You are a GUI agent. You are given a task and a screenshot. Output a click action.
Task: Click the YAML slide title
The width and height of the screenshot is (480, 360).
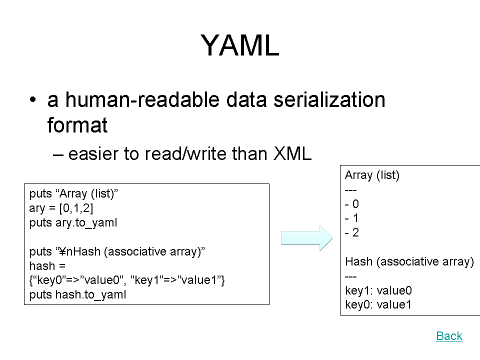(x=239, y=45)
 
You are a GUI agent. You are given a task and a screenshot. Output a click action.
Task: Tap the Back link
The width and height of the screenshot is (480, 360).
(x=449, y=336)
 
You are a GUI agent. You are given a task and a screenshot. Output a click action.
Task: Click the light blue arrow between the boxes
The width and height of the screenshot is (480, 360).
(x=306, y=238)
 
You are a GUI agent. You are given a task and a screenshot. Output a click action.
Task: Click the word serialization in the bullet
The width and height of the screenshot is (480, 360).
(x=329, y=100)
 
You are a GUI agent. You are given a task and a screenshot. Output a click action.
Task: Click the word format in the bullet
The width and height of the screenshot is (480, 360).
(x=77, y=125)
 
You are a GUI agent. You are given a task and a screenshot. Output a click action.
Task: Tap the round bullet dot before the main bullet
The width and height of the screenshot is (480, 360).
(x=33, y=100)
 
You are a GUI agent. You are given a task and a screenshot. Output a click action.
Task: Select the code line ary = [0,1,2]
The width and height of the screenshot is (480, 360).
(x=61, y=208)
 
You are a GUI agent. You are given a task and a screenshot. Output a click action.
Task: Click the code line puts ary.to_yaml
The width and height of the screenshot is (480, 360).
(x=73, y=222)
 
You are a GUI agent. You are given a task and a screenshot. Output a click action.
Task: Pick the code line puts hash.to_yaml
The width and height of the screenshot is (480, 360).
(x=77, y=294)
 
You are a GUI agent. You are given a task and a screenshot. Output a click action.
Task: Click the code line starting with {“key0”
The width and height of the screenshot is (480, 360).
(x=127, y=280)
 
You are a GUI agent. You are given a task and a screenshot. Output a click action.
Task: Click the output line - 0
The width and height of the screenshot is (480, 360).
(x=351, y=204)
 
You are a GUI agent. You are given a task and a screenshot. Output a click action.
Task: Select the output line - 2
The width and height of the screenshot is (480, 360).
(x=351, y=232)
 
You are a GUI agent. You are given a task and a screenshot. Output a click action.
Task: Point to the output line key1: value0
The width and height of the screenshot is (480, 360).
(x=378, y=290)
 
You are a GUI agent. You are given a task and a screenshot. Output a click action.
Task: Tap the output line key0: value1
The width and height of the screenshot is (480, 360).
(x=378, y=304)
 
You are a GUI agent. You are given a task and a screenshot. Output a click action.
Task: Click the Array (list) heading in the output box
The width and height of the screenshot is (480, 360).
(x=372, y=175)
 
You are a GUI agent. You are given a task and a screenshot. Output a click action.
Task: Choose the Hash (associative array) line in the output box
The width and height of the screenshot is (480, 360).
(x=409, y=261)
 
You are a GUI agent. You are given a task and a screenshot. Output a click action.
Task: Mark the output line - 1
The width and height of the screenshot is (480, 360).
(x=351, y=218)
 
